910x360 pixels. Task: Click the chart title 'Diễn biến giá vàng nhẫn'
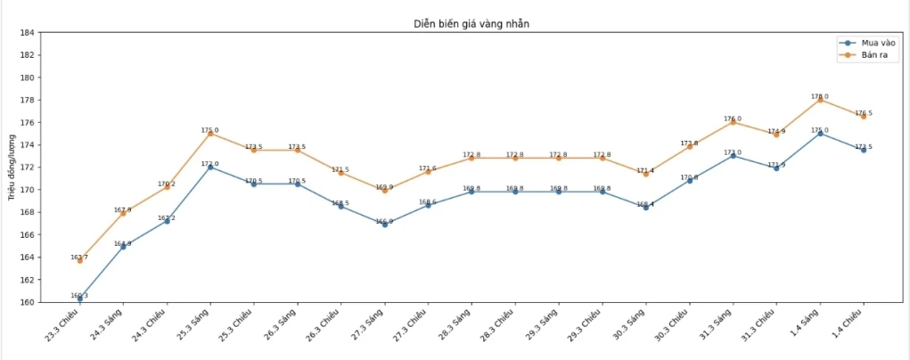[x=471, y=23]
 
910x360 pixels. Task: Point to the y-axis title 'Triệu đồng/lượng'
[x=11, y=168]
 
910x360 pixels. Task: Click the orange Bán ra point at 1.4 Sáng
[x=820, y=99]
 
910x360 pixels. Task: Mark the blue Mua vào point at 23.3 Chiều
[x=79, y=299]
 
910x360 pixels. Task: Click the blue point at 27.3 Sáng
[x=384, y=225]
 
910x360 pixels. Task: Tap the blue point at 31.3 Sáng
[x=733, y=155]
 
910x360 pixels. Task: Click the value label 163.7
[x=79, y=257]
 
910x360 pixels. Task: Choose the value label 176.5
[x=864, y=113]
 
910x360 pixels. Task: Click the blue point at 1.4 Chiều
[x=864, y=150]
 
